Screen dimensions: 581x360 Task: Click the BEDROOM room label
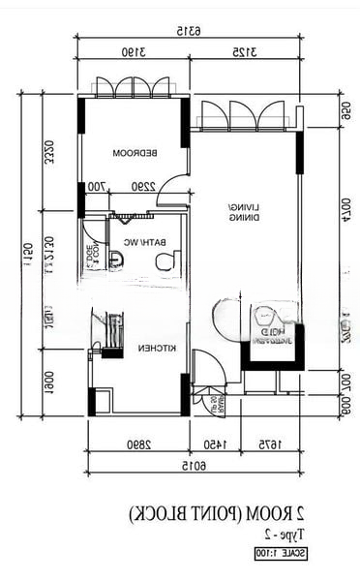133,154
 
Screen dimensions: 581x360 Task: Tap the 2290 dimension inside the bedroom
143,187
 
